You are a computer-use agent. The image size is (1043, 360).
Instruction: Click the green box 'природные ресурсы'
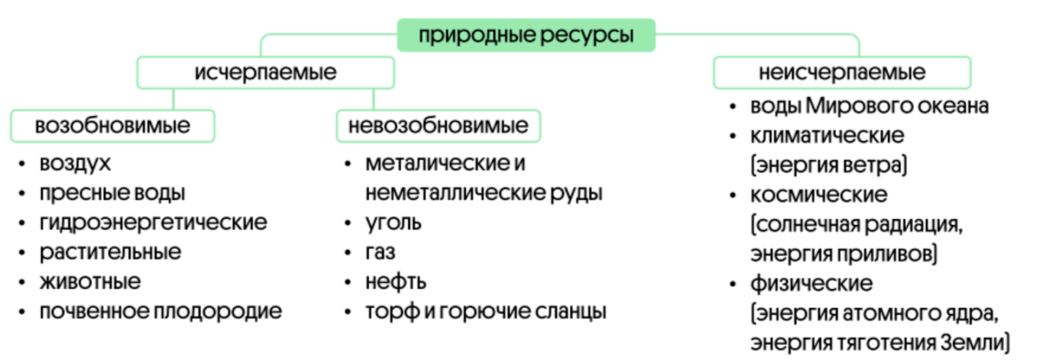tap(525, 35)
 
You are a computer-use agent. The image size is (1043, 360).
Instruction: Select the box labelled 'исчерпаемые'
tap(265, 72)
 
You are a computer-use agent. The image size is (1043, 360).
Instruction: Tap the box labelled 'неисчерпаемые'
tap(842, 72)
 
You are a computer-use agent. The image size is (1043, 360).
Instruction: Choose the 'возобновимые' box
tap(112, 126)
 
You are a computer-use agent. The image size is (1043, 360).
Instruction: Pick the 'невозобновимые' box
tap(438, 126)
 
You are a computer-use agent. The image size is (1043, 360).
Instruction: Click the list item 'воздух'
tap(75, 163)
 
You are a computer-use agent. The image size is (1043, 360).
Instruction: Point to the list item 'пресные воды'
tap(112, 193)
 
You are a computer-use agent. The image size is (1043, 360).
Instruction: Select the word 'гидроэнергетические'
tap(153, 222)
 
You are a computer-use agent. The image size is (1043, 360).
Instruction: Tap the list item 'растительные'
tap(110, 252)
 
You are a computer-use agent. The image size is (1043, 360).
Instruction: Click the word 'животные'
tap(90, 282)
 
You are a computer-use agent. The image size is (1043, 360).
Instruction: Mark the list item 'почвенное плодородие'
tap(160, 312)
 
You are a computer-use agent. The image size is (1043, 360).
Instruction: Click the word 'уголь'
tap(393, 223)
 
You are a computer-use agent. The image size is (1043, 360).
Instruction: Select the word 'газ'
tap(380, 252)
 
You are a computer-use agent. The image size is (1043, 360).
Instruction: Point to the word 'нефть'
tap(396, 282)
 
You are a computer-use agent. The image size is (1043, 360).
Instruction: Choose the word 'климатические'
tap(827, 136)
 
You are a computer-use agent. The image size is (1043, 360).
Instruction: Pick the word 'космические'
tap(818, 194)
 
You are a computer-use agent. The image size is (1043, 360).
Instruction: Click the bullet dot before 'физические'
tap(733, 284)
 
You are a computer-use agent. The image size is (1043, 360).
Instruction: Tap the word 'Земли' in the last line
tap(973, 342)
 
